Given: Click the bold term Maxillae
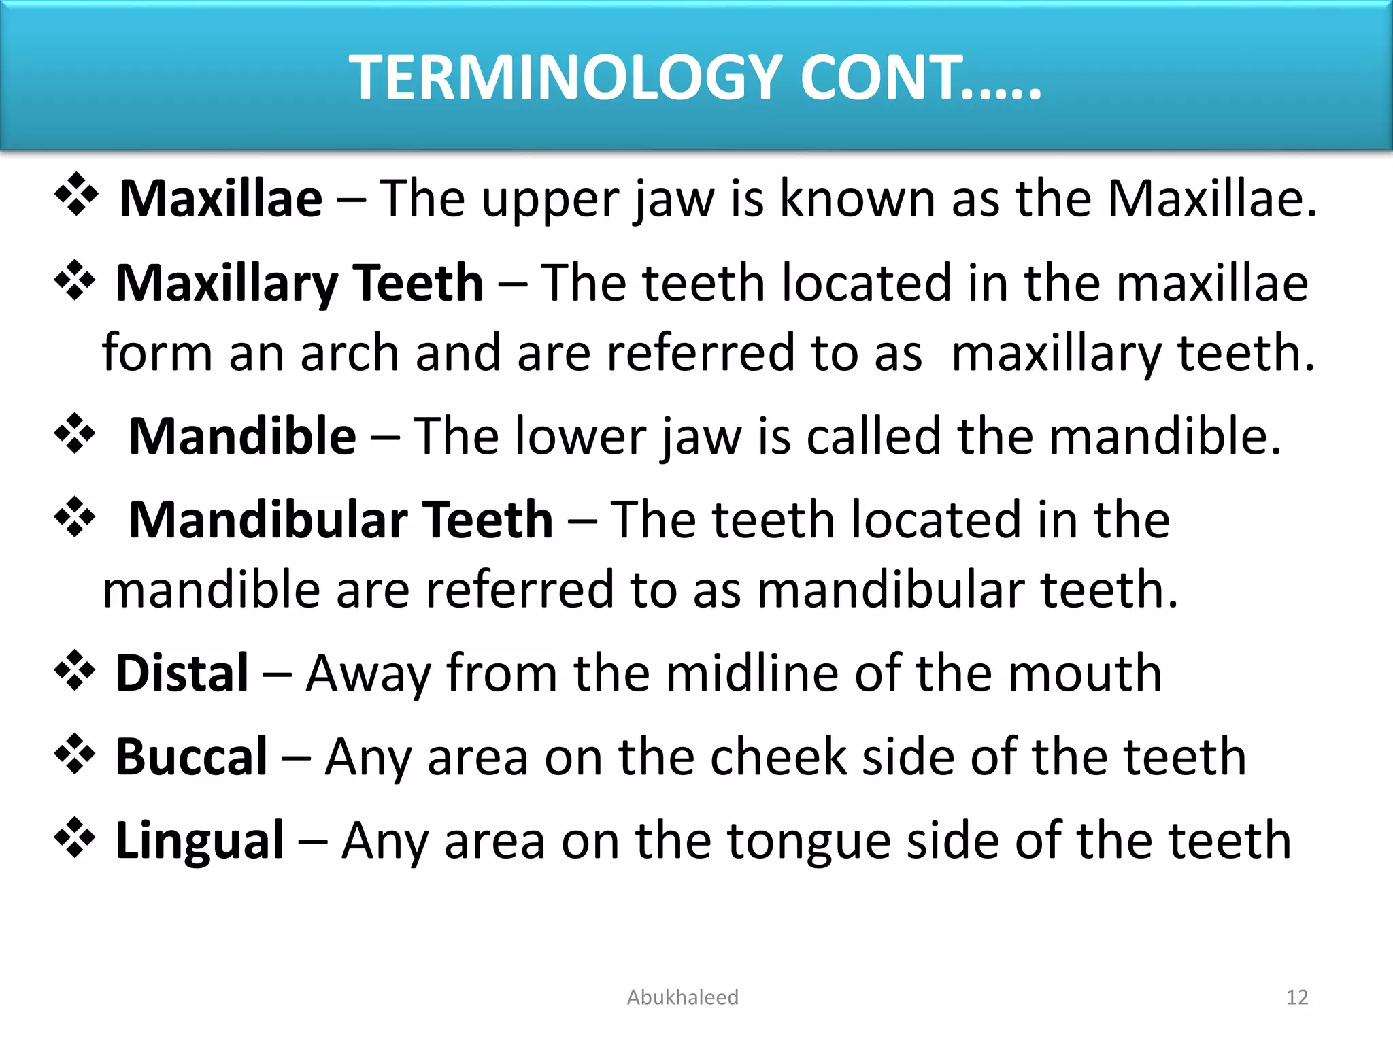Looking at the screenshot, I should click(221, 199).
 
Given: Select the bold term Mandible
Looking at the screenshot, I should click(242, 436).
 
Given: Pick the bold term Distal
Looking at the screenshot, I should click(182, 673).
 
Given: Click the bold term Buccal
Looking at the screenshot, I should click(192, 757).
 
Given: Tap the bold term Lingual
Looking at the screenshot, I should click(200, 841).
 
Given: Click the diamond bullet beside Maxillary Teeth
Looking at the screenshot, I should click(74, 280).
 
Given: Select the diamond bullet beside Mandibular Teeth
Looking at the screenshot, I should click(74, 516).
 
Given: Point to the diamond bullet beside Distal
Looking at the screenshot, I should click(74, 670).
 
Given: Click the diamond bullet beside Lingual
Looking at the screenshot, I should click(74, 837).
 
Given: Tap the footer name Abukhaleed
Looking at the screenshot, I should click(682, 997).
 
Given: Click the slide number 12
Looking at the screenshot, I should click(1297, 997).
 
